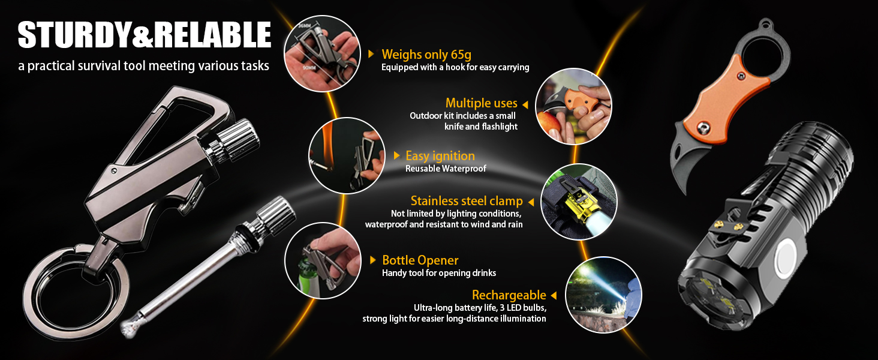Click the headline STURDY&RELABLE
[x=145, y=35]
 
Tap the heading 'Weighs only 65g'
[x=426, y=54]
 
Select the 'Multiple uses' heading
[x=482, y=103]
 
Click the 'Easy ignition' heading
[x=440, y=156]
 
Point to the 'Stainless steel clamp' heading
[x=467, y=201]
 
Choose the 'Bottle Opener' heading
[x=420, y=260]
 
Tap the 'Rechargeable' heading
[x=509, y=295]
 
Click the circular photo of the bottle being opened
[x=323, y=261]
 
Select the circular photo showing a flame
[x=347, y=155]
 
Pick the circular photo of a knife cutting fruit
[x=573, y=106]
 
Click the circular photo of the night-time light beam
[x=603, y=295]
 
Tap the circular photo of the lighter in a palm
[x=322, y=54]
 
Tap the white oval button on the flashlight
[x=784, y=259]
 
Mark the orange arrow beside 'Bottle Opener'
[x=373, y=260]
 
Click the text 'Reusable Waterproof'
[x=446, y=169]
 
